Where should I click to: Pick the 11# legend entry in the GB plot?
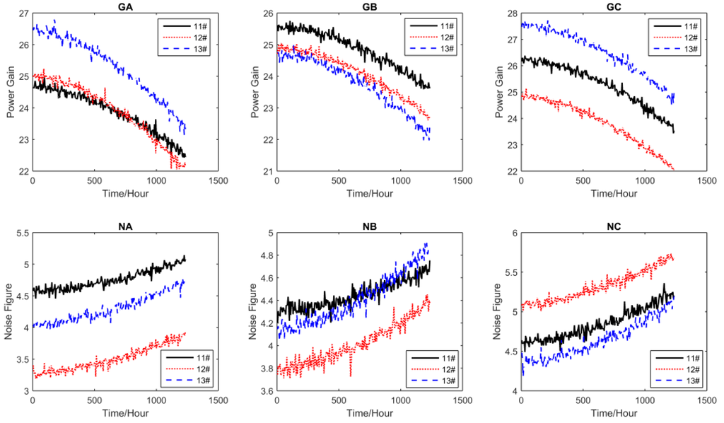[440, 26]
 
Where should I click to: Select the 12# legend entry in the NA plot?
[196, 370]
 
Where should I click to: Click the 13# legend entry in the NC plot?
[684, 381]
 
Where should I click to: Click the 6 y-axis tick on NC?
[513, 233]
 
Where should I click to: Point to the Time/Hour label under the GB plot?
[368, 192]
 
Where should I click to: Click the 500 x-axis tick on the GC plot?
[583, 181]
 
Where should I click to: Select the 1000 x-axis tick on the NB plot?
[400, 400]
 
